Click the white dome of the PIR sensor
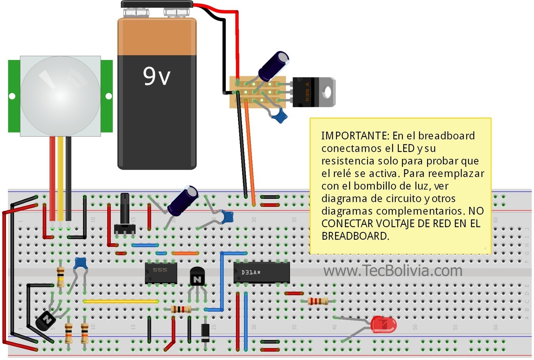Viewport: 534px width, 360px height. (x=60, y=96)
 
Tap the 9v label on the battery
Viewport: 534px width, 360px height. (x=156, y=76)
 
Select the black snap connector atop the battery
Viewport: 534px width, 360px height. (x=157, y=4)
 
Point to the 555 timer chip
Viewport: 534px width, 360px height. (x=161, y=273)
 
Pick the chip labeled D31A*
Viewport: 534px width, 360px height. (x=262, y=273)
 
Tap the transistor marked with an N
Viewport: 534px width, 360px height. (x=197, y=276)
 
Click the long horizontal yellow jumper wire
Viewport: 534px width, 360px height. (x=121, y=301)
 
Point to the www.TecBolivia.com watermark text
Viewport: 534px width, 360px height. (x=393, y=271)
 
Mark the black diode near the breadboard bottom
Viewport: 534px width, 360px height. (x=205, y=333)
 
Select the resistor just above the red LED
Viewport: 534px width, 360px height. (x=318, y=301)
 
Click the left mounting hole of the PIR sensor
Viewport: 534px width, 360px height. (x=12, y=96)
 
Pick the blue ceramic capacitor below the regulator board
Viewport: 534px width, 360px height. (x=280, y=116)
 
